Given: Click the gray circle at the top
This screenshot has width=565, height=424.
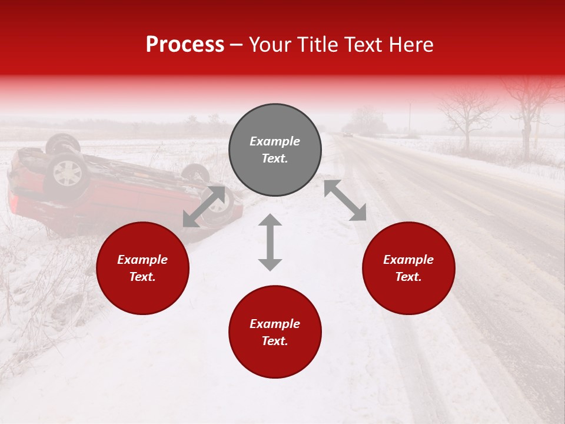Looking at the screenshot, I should click(275, 150).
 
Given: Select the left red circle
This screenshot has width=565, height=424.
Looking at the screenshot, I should click(142, 269).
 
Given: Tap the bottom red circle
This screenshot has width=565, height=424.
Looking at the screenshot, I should click(275, 332).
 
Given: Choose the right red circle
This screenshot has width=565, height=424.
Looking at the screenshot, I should click(408, 269).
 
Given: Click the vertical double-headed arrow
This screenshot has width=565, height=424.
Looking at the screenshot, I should click(270, 242).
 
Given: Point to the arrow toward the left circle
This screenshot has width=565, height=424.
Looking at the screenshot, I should click(204, 206).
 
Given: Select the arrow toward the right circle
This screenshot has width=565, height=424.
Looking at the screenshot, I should click(345, 200).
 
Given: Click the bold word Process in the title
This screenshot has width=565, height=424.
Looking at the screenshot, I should click(185, 45).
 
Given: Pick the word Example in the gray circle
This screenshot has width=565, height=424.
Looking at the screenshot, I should click(275, 141).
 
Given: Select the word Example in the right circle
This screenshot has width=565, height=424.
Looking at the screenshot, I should click(408, 260).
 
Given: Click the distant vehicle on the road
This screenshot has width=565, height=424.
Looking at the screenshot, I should click(348, 134).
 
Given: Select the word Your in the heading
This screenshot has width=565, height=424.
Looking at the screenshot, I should click(268, 45).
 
